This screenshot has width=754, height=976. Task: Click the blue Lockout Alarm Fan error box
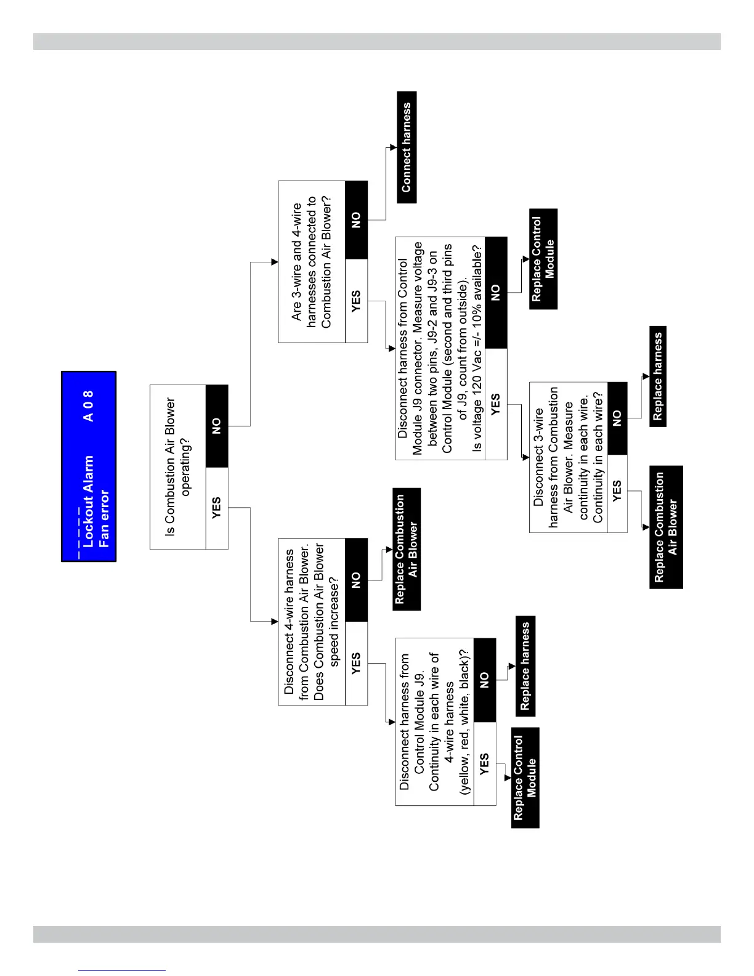[x=89, y=466]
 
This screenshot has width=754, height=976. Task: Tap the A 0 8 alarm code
[x=89, y=406]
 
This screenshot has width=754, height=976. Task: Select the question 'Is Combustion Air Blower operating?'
[x=178, y=466]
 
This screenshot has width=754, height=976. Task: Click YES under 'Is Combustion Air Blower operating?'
[x=217, y=508]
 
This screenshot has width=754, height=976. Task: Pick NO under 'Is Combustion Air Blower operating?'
[x=217, y=426]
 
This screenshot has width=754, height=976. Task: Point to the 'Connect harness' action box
[x=407, y=147]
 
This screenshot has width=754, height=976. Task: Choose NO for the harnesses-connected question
[x=357, y=220]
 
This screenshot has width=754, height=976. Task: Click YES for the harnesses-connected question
[x=357, y=301]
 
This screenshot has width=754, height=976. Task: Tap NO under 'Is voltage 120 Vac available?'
[x=497, y=293]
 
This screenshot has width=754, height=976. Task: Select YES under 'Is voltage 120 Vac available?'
[x=497, y=404]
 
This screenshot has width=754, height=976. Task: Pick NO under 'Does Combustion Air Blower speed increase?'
[x=357, y=580]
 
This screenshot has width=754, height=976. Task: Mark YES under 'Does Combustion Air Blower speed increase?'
[x=357, y=663]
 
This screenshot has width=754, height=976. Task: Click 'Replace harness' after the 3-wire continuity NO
[x=658, y=376]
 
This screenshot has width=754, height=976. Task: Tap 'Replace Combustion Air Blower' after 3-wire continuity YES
[x=666, y=527]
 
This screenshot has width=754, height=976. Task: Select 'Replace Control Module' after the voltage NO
[x=543, y=259]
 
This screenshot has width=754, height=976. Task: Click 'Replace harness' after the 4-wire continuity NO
[x=525, y=666]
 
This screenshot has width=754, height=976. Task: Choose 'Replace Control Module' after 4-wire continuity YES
[x=525, y=778]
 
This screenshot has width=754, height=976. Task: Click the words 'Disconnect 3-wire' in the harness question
[x=538, y=457]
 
